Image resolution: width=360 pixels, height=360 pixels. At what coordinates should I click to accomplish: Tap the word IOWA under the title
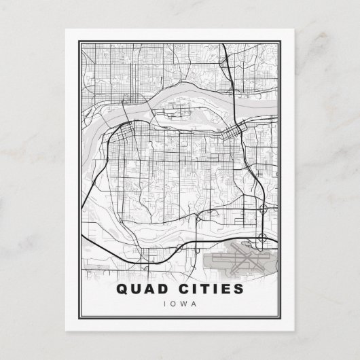pyautogui.click(x=180, y=304)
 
